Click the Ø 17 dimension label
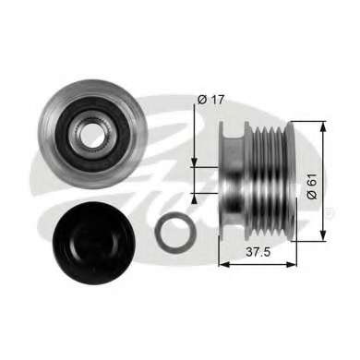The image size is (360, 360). [211, 100]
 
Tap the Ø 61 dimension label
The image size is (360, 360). [312, 186]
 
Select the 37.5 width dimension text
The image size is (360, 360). [258, 252]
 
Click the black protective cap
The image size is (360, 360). [94, 243]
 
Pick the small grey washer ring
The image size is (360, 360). [175, 230]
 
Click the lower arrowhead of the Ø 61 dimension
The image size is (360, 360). [322, 234]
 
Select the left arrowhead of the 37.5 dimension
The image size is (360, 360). [224, 264]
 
